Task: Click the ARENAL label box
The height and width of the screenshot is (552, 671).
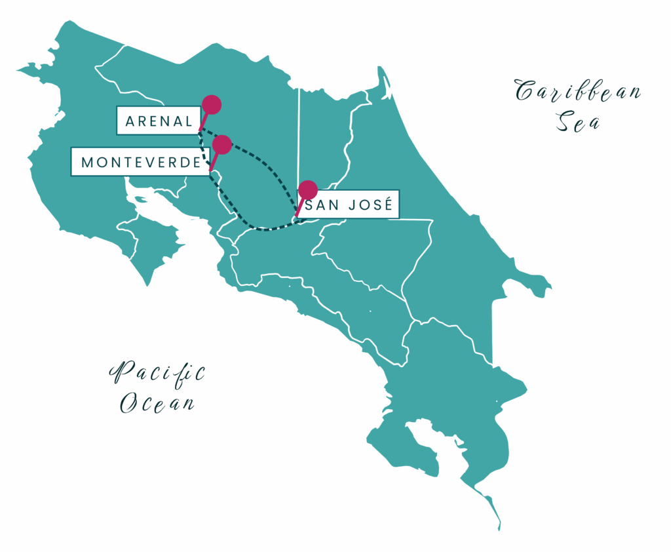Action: [x=157, y=121]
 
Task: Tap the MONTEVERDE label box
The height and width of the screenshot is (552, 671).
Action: [x=140, y=161]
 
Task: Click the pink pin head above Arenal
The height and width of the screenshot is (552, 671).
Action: [x=211, y=104]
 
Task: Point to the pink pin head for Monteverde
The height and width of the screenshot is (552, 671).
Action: [x=222, y=144]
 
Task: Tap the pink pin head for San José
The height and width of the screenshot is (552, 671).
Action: [x=307, y=190]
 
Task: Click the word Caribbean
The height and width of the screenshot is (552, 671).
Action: [x=577, y=92]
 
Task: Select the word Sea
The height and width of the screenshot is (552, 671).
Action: [x=578, y=122]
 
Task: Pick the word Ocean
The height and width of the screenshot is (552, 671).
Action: [x=157, y=403]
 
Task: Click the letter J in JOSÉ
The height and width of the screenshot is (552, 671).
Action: [x=350, y=206]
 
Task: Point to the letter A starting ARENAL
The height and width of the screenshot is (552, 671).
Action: [x=130, y=121]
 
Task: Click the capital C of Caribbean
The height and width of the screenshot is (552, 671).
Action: [x=524, y=92]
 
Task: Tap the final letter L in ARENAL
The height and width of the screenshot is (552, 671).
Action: [x=189, y=121]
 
